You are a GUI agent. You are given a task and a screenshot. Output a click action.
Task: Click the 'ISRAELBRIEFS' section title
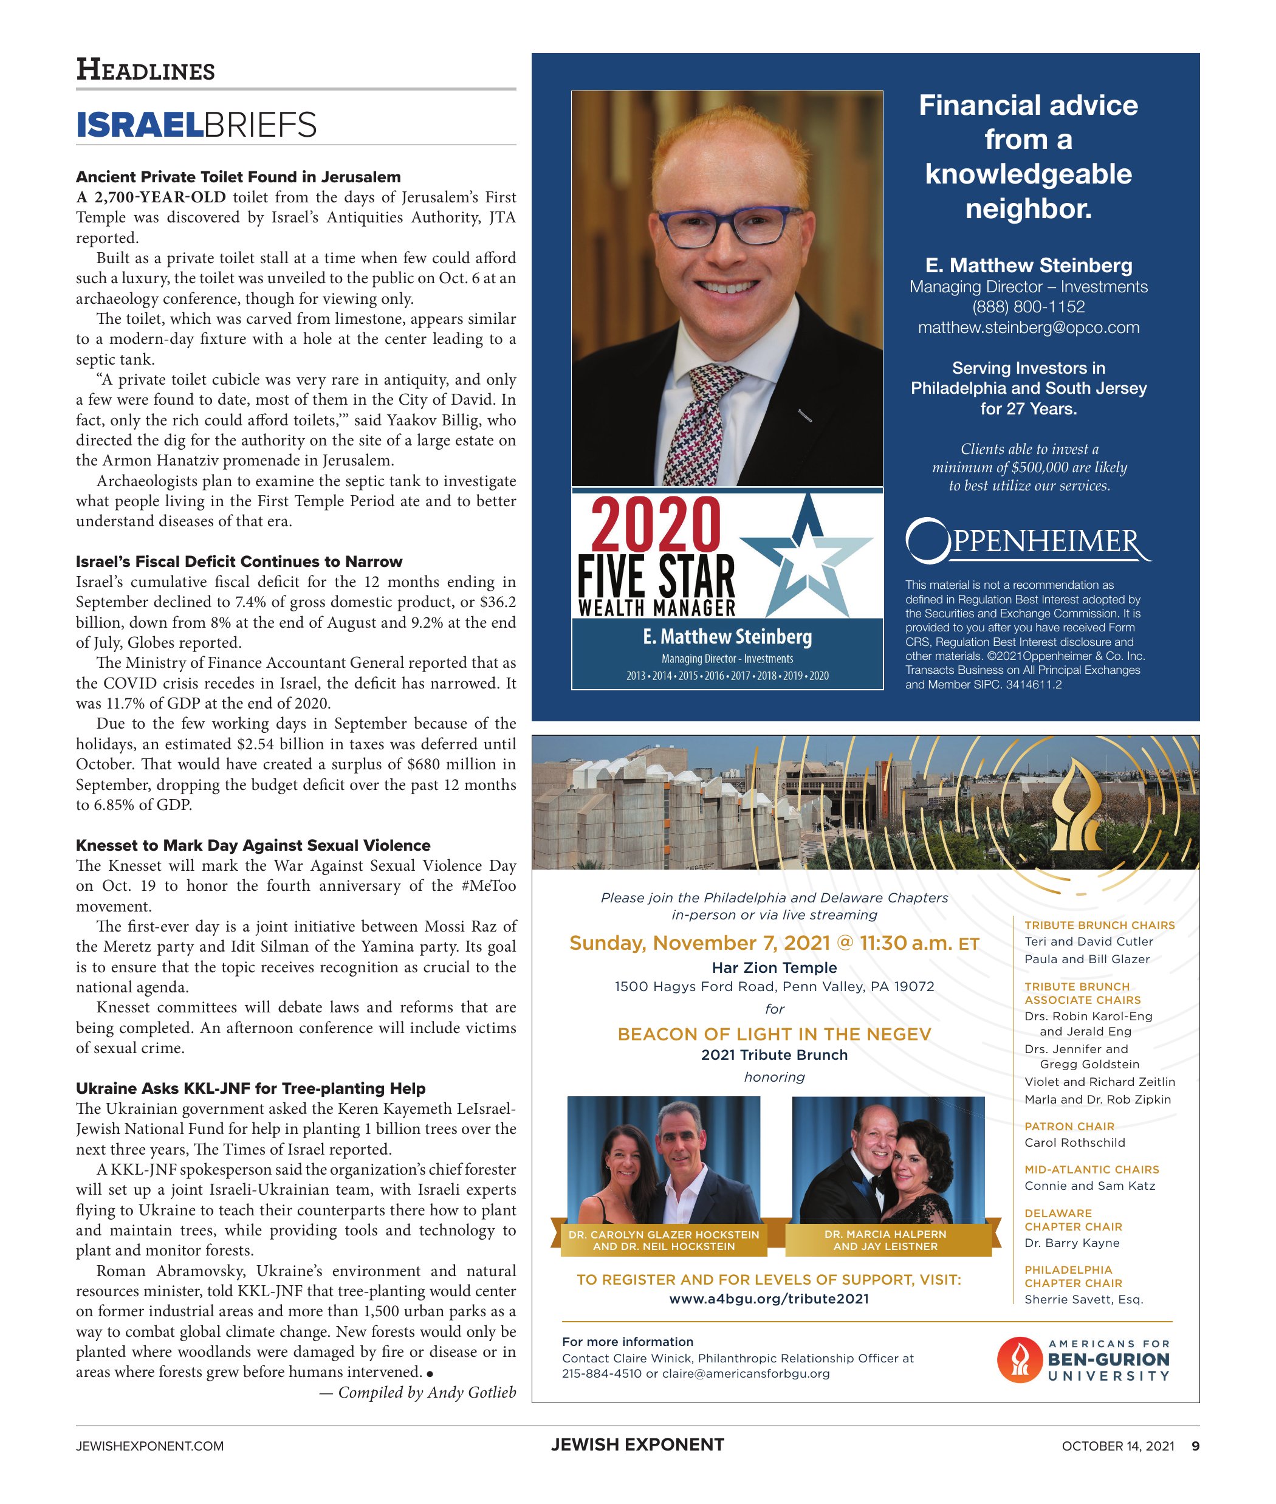point(196,125)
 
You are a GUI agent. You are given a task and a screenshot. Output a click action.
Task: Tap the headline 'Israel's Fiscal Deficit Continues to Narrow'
point(239,561)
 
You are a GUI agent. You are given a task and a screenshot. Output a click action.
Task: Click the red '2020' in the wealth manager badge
point(656,524)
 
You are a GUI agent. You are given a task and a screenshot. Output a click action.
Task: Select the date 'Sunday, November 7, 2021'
point(699,943)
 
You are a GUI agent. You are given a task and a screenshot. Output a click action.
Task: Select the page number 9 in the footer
point(1195,1446)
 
